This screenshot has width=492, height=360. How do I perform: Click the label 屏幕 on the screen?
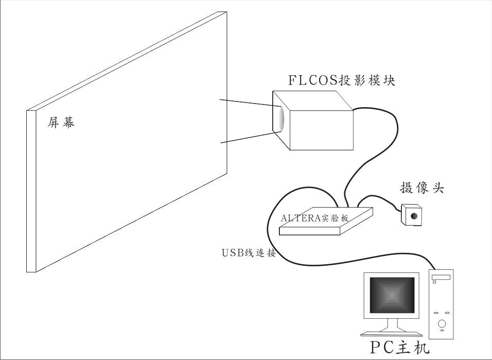pos(61,122)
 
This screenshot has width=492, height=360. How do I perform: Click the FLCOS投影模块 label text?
pos(342,80)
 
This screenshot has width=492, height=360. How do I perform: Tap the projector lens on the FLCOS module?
pos(281,119)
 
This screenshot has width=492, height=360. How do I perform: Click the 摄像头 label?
pos(422,187)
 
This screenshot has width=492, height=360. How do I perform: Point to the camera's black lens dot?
pos(414,216)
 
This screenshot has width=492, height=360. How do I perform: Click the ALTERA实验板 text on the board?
pos(314,218)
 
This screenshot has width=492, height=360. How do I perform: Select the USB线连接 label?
pos(249,252)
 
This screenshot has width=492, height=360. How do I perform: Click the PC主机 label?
pos(399,348)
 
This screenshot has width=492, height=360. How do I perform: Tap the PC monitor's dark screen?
pos(392,295)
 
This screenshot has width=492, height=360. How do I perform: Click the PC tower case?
pos(442,304)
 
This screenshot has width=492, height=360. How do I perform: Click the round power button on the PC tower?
pos(442,323)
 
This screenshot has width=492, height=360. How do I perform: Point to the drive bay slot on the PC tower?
pos(441,278)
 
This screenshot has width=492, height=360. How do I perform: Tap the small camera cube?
pos(411,215)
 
